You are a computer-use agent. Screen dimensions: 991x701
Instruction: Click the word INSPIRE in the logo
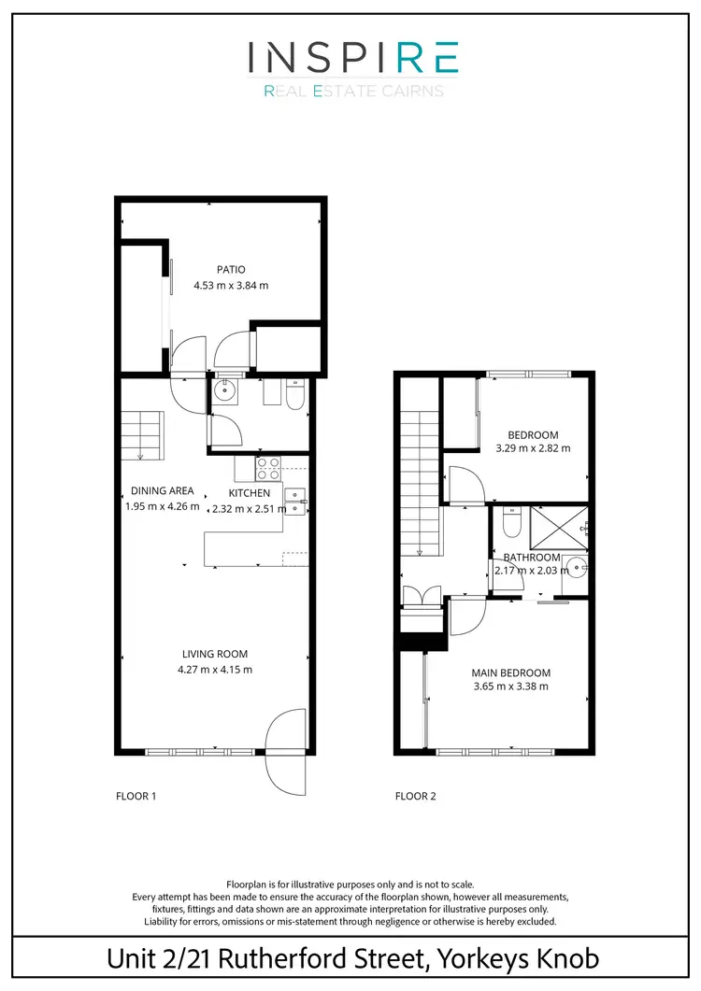352,58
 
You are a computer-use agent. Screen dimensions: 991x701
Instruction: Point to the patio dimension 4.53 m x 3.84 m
231,286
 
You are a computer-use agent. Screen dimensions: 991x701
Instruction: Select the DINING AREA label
163,490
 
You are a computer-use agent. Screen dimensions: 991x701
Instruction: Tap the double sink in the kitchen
296,502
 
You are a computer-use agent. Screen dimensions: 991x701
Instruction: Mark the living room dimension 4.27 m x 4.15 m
215,669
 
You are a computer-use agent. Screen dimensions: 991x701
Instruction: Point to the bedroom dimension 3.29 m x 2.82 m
533,448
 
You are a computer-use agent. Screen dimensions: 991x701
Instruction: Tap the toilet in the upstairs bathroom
509,525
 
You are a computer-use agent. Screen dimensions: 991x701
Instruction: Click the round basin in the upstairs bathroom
578,567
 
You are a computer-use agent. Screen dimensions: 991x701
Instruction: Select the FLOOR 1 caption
136,797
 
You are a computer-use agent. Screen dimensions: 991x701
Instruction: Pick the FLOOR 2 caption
416,797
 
